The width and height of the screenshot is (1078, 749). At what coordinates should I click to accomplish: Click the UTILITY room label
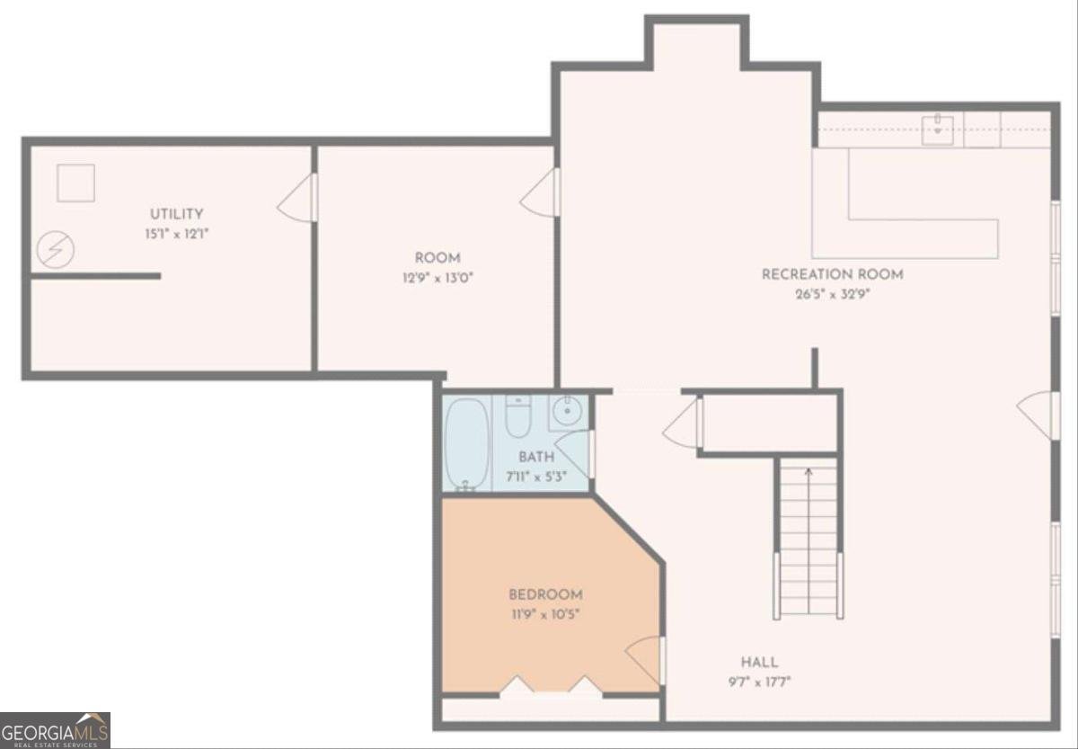click(x=176, y=214)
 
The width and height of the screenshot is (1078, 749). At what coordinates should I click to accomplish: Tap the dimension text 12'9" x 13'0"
click(x=437, y=278)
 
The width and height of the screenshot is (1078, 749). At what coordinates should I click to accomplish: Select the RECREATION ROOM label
click(x=833, y=274)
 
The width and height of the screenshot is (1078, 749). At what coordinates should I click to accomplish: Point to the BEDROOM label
click(x=545, y=594)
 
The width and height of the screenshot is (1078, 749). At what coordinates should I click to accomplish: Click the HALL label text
click(x=759, y=663)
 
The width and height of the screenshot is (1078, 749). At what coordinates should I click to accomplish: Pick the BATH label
click(x=536, y=458)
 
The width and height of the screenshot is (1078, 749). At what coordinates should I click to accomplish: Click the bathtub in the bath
click(x=467, y=444)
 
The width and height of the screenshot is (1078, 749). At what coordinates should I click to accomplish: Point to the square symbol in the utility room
click(x=75, y=183)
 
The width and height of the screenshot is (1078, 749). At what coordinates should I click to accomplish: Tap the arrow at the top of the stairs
click(x=808, y=470)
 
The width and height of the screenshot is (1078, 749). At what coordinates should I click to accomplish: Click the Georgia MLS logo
click(x=55, y=730)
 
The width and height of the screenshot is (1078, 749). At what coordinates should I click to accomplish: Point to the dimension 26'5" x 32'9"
click(x=833, y=294)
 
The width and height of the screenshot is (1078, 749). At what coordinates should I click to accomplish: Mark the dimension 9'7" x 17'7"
click(x=759, y=682)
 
